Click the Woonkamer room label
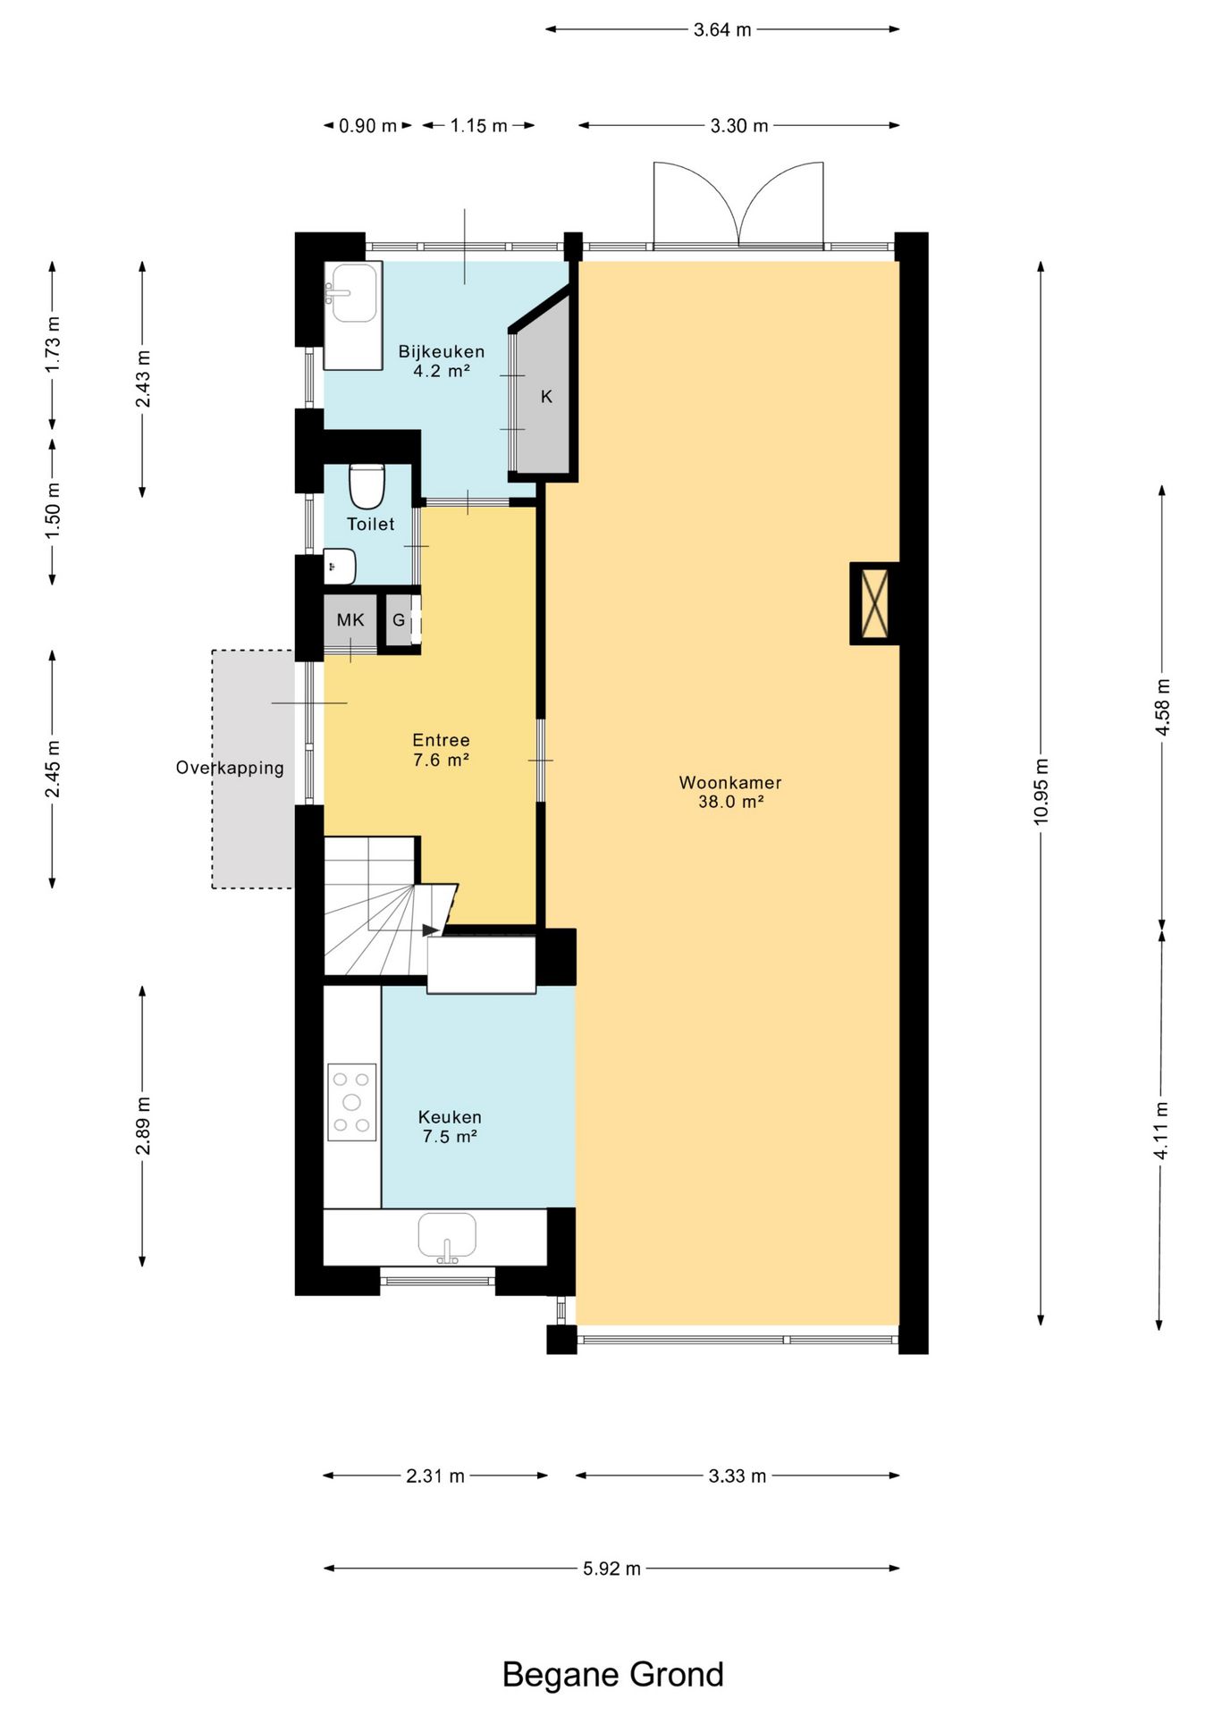tap(730, 783)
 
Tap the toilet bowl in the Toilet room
tap(367, 485)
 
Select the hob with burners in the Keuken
tap(352, 1101)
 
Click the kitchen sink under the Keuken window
tap(447, 1237)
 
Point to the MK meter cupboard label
tap(350, 619)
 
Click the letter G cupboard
tap(399, 619)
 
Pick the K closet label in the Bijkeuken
tap(546, 397)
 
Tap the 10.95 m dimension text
tap(1041, 791)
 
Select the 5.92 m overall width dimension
tap(611, 1568)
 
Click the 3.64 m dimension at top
tap(722, 29)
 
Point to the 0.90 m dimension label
tap(367, 126)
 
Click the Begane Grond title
tap(613, 1674)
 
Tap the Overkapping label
tap(230, 768)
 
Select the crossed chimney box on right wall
tap(874, 603)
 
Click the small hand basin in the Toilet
tap(339, 567)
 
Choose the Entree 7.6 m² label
tap(441, 750)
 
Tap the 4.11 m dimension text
tap(1161, 1131)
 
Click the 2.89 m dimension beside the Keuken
tap(142, 1126)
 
